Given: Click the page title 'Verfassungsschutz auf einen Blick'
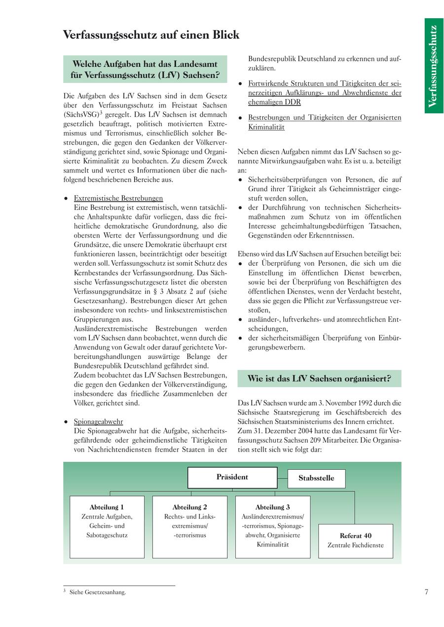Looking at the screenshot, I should point(151,35).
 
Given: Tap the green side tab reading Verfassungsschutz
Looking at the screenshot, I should point(433,66).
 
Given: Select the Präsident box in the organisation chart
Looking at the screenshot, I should point(232,477).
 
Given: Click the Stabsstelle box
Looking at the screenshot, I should point(316,478).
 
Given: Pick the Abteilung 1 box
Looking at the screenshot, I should point(107,526).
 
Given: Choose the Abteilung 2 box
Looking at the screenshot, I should point(190,526).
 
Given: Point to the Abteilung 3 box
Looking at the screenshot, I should point(273,526).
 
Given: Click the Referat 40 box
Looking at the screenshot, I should point(356,540).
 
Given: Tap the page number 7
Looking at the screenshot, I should point(426,592).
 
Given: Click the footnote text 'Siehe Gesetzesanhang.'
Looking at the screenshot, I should point(98,592).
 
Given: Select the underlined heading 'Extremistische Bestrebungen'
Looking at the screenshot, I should point(118,198).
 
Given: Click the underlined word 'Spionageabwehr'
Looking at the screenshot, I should point(98,422).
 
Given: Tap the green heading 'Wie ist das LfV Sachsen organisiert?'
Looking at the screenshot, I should point(319,379).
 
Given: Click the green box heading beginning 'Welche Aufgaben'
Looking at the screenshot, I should point(146,70).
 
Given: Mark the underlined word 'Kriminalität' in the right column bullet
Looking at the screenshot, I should point(266,127).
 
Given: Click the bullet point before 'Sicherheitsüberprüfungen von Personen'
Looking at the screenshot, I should point(240,180).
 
